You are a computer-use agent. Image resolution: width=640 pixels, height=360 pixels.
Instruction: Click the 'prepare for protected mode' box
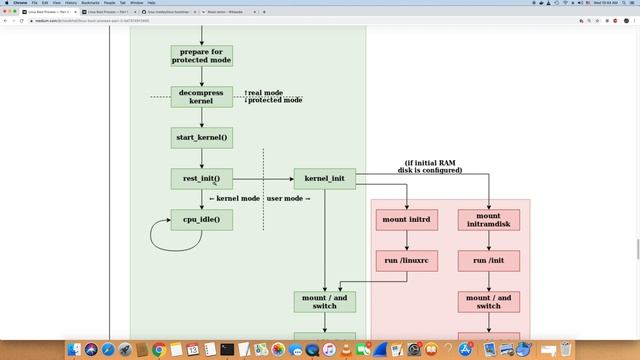[x=201, y=56]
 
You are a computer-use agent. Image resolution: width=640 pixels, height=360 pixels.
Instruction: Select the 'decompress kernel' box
[x=201, y=97]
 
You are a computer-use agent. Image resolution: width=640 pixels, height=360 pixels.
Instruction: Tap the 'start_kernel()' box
[x=201, y=137]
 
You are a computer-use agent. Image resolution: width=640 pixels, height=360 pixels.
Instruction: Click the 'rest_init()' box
[x=201, y=179]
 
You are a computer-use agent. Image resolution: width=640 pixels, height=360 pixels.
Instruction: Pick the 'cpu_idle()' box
[x=201, y=219]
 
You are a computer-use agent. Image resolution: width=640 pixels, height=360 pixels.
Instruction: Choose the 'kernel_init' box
[x=324, y=179]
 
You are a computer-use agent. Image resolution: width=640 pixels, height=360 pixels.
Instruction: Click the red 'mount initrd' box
[x=407, y=219]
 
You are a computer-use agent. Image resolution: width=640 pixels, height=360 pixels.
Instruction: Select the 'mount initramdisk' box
[x=488, y=219]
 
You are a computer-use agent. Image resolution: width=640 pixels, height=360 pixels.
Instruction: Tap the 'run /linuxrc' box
[x=407, y=261]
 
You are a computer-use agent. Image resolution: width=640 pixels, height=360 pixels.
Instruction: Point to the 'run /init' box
[x=488, y=261]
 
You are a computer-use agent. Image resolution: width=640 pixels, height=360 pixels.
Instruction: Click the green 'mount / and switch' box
[x=324, y=301]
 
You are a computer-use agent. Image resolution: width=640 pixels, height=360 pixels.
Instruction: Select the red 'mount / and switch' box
[x=488, y=301]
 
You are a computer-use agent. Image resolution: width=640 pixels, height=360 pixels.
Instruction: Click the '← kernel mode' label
[x=234, y=199]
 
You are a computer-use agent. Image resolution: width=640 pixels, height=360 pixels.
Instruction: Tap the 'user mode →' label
[x=289, y=199]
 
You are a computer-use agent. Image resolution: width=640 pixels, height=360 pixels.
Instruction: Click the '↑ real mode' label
[x=265, y=93]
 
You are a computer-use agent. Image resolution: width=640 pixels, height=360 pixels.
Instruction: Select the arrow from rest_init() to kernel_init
[x=262, y=179]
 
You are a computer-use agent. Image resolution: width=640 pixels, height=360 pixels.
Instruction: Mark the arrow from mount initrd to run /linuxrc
[x=407, y=240]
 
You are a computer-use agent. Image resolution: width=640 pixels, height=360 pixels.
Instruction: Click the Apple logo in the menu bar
[x=7, y=4]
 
